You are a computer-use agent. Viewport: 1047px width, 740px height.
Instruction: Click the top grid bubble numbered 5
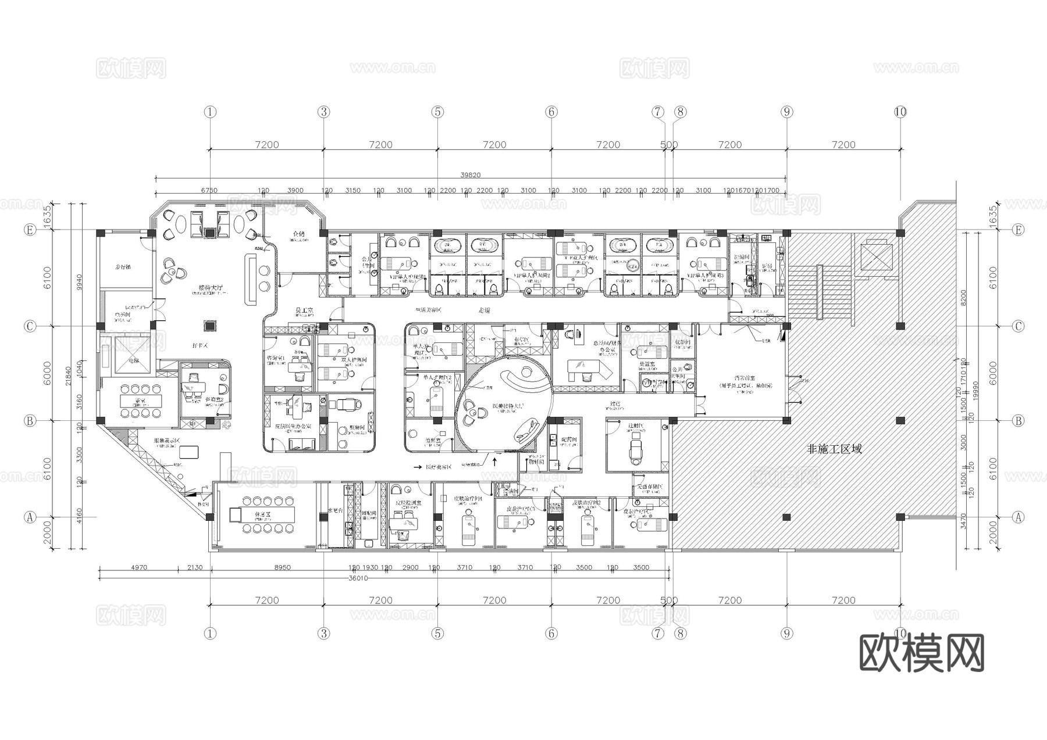[x=438, y=112]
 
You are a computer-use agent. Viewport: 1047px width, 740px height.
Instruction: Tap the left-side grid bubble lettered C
[x=30, y=327]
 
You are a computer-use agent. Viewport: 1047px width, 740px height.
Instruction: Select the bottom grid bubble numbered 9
[x=786, y=633]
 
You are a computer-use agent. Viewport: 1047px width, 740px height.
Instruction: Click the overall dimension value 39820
[x=471, y=175]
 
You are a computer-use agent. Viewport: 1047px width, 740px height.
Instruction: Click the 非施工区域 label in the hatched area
[x=835, y=449]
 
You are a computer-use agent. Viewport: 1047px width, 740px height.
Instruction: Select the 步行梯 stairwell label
[x=123, y=267]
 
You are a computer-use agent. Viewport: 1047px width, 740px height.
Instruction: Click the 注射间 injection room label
[x=636, y=426]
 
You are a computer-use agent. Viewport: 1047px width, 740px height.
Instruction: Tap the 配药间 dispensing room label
[x=569, y=439]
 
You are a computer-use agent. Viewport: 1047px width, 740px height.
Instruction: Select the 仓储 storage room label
[x=299, y=234]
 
